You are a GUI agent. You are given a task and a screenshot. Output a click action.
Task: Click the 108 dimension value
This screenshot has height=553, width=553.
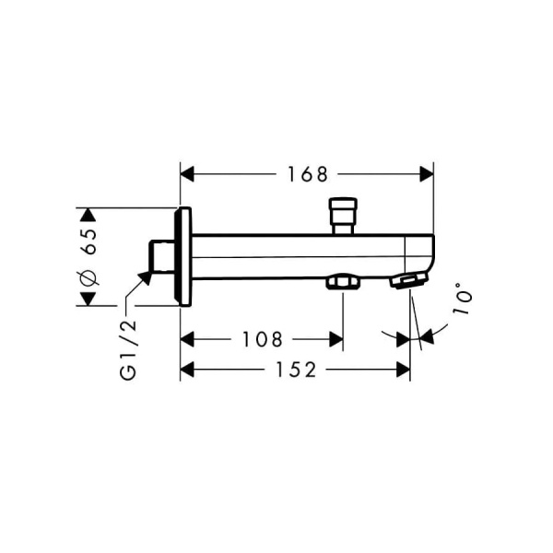coord(262,339)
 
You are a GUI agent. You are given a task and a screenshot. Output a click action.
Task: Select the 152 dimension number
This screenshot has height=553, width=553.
coord(297,370)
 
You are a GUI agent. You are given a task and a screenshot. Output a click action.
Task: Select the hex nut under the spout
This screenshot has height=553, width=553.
coord(342,283)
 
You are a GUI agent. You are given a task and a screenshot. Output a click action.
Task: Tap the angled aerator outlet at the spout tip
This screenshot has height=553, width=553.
coord(407,281)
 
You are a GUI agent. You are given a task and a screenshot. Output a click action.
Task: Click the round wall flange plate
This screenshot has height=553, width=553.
coord(183,256)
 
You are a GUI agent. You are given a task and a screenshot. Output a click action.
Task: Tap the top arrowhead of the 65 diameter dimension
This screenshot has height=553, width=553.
coord(88,214)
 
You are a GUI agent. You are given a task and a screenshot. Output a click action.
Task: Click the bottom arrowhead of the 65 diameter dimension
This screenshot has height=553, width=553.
coord(88,299)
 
